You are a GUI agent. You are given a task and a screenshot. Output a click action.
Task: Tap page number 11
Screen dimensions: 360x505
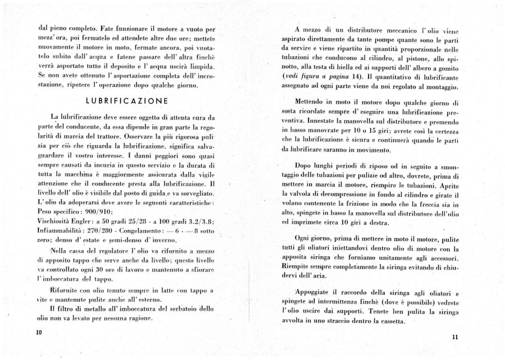click(454, 336)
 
